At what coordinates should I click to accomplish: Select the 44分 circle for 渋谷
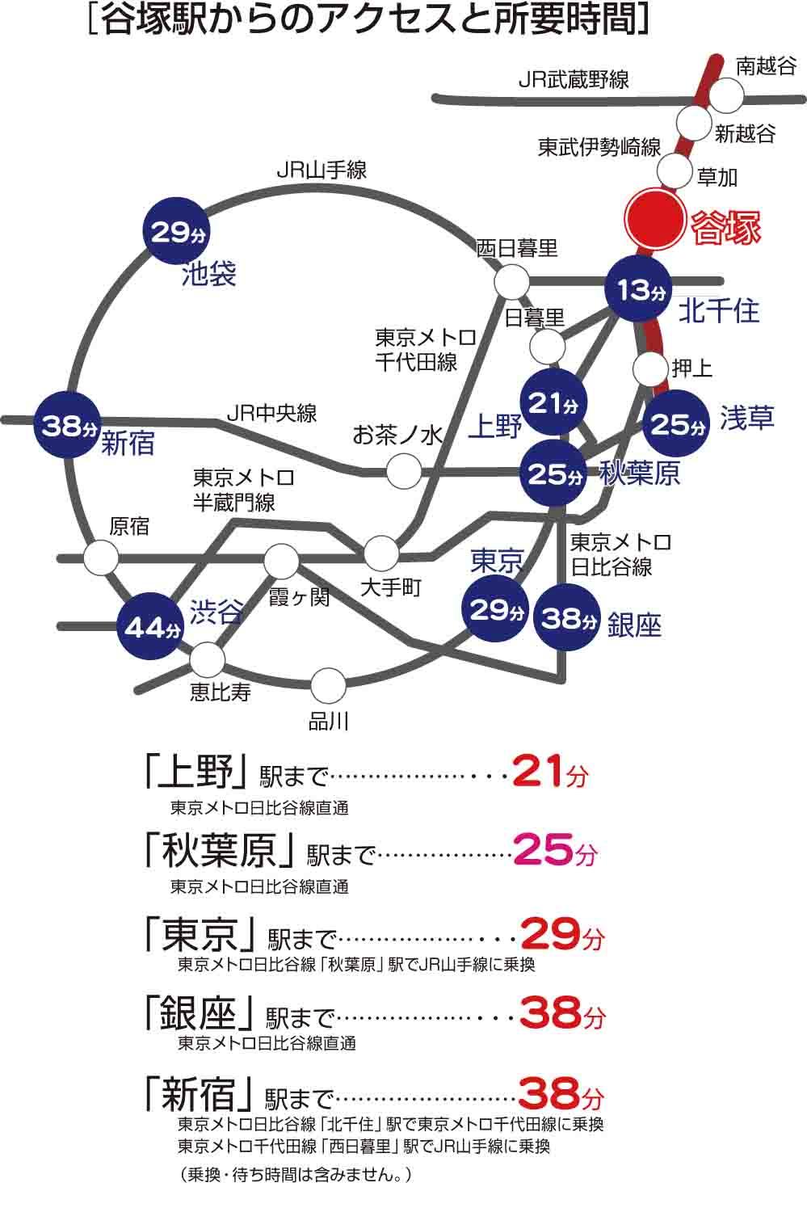coord(151,627)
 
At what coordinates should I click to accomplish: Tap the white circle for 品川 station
coord(328,685)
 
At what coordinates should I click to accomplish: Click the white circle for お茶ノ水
coord(403,470)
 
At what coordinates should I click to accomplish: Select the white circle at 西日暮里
coord(511,282)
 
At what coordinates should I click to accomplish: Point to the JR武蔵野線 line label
coord(574,79)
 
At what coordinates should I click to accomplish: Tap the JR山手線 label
coord(322,170)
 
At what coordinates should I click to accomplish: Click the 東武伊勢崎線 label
coord(599,148)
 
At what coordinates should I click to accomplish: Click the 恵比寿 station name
coord(221,692)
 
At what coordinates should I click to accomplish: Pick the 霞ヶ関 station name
coord(298,598)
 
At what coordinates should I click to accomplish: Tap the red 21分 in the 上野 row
coord(549,773)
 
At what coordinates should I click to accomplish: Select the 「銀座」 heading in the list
coord(198,1012)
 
